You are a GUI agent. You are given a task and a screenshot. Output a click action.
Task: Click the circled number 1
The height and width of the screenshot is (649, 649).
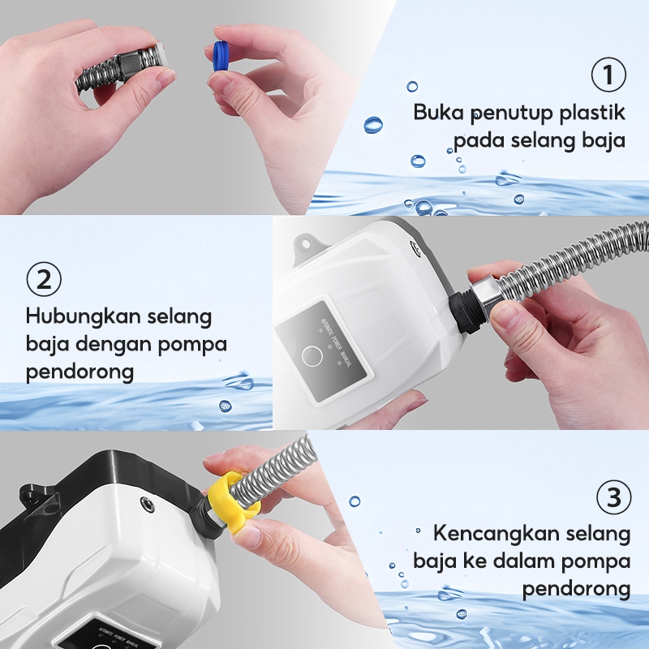[608, 75]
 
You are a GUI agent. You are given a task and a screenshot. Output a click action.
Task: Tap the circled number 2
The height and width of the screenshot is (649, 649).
[44, 279]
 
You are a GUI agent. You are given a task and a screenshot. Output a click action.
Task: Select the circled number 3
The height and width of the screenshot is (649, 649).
[614, 497]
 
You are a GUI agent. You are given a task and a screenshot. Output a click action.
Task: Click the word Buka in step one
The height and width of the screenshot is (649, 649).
[438, 112]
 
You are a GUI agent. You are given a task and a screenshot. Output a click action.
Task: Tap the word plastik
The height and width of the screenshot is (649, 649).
[592, 113]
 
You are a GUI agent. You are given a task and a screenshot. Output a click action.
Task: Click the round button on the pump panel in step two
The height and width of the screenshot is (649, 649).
[312, 356]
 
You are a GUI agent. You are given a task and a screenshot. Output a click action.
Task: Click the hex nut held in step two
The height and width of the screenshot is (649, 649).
[489, 297]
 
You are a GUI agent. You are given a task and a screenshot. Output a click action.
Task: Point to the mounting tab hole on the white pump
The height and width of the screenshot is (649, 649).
[306, 244]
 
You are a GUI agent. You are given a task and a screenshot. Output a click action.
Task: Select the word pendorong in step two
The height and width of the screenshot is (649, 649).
[80, 372]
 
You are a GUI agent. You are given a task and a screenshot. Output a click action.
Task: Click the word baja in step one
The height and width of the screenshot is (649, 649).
[604, 140]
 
